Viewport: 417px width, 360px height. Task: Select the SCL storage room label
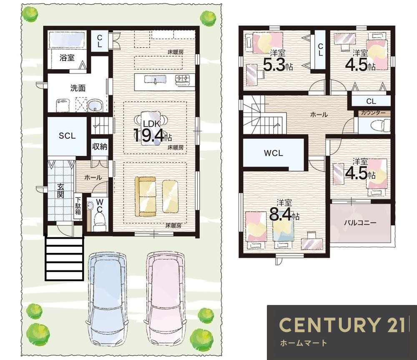[x=67, y=136]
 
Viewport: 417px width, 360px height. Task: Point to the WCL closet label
[x=273, y=153]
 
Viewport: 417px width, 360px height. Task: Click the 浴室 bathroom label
[x=67, y=57]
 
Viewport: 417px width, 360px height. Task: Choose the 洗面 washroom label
[x=78, y=88]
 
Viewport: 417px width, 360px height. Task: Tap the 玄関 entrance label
[x=60, y=190]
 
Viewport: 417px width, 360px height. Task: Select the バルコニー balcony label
[x=360, y=222]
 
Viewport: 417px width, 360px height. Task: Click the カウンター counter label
[x=373, y=113]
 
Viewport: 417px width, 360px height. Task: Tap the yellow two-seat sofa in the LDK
[x=146, y=197]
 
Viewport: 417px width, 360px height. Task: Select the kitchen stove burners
[x=183, y=79]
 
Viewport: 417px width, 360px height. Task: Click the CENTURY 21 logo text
[x=342, y=325]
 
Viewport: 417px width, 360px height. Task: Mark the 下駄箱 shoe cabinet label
[x=78, y=206]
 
